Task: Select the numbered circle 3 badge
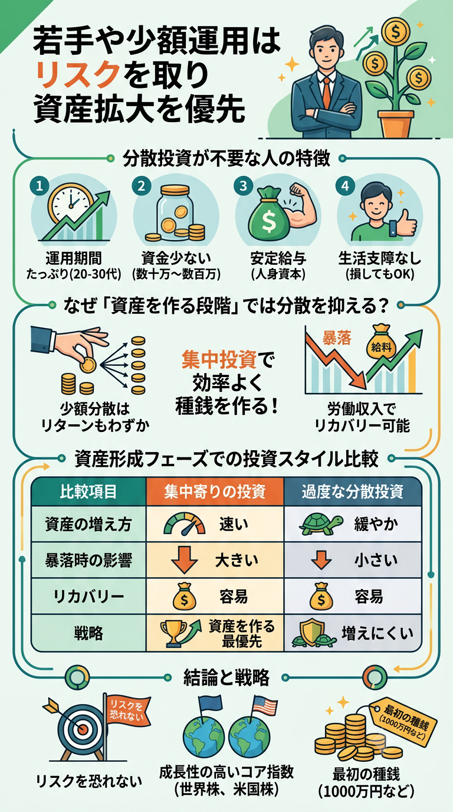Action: pos(244,186)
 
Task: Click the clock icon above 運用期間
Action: pos(70,202)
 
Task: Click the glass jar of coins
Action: pos(175,213)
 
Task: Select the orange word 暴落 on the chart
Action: pos(337,338)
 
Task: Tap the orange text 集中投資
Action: pos(219,359)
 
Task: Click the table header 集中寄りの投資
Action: pos(215,492)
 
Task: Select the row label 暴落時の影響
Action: pos(88,561)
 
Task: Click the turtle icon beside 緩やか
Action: pos(321,525)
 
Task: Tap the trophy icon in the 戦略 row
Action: pos(173,633)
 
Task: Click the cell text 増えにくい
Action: pos(377,633)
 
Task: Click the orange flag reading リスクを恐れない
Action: pos(127,710)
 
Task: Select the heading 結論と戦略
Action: pos(226,677)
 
